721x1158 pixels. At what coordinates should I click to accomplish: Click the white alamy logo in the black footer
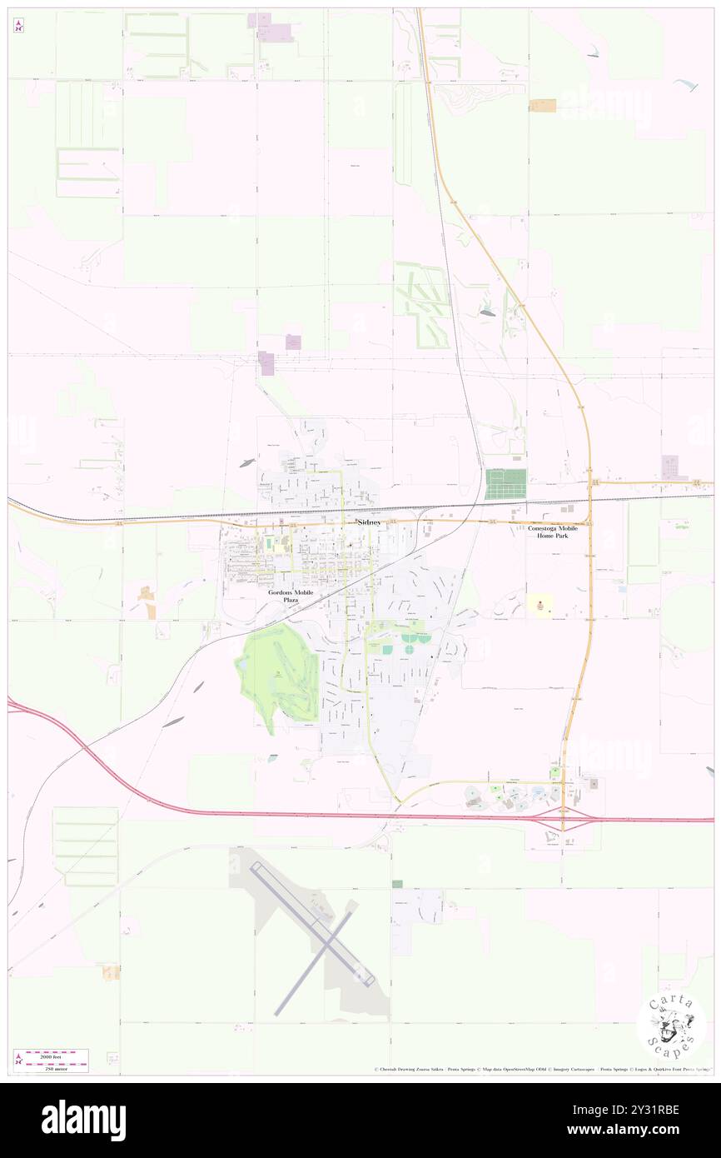click(x=83, y=1120)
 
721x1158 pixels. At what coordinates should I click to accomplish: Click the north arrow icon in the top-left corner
click(x=18, y=26)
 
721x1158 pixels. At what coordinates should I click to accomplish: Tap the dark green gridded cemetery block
click(x=506, y=484)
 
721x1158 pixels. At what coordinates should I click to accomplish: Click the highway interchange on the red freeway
click(x=563, y=818)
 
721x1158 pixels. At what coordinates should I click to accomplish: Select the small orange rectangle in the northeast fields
click(x=544, y=105)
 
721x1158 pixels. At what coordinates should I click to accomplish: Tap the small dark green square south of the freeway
click(x=397, y=884)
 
